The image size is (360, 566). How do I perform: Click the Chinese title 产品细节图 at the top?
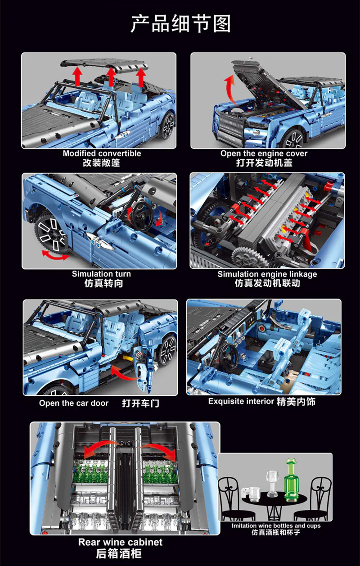(180, 24)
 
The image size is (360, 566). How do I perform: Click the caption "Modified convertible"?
(102, 154)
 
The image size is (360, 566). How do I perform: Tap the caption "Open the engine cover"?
(264, 154)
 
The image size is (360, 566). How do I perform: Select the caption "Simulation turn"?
(101, 274)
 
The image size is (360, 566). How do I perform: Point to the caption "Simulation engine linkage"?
(267, 274)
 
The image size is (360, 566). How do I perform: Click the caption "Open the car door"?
(74, 403)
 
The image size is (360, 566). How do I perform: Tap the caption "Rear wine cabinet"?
(120, 542)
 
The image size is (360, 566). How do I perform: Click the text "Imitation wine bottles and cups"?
(276, 525)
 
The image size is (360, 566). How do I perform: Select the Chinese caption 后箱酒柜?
(120, 554)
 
